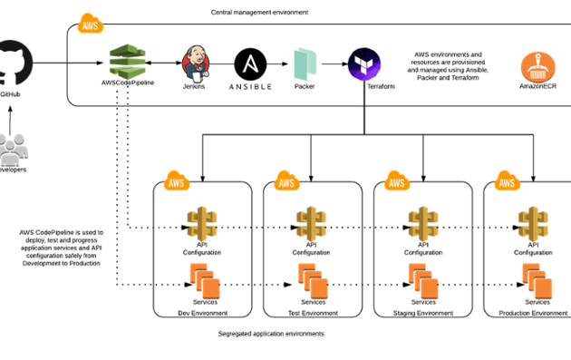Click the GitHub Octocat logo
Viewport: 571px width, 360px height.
[x=14, y=63]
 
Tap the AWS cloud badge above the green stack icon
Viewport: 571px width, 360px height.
[x=90, y=24]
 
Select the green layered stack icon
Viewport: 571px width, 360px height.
[x=128, y=62]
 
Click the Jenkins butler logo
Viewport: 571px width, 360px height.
[x=195, y=63]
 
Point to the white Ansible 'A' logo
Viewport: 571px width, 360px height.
[x=250, y=63]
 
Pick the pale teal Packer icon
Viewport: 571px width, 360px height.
[x=304, y=64]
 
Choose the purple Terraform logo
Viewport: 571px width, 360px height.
[x=363, y=64]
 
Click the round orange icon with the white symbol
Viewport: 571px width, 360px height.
[x=537, y=67]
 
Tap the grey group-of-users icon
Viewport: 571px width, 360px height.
[x=13, y=150]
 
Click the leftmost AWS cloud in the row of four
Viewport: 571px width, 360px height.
[x=176, y=181]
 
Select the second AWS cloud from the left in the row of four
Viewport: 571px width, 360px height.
[x=286, y=181]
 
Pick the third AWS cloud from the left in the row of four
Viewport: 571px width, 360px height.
[x=397, y=181]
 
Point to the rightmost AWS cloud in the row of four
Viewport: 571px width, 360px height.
[x=507, y=181]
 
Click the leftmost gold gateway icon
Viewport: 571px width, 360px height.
[x=201, y=223]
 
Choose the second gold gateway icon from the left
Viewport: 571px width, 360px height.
[x=311, y=223]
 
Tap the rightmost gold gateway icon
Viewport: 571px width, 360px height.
[x=533, y=223]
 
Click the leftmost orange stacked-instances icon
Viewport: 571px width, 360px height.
[x=205, y=281]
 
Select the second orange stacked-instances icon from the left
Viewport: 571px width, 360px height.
[x=314, y=281]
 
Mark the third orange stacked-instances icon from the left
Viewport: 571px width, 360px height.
[x=423, y=281]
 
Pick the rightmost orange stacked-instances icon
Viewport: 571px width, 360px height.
[x=537, y=281]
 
